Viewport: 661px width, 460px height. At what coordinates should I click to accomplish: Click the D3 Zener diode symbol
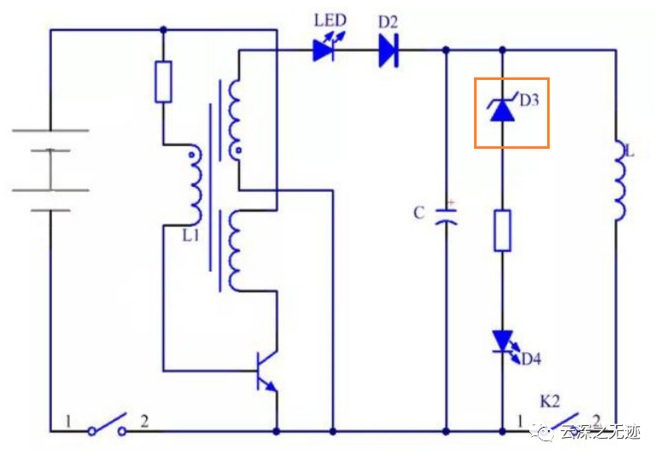[502, 110]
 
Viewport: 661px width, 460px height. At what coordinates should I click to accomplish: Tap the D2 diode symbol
[388, 51]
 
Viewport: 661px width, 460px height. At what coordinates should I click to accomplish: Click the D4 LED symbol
[502, 342]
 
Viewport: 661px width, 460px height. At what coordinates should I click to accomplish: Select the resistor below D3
[502, 230]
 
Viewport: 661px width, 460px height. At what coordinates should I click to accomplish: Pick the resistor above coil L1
[163, 82]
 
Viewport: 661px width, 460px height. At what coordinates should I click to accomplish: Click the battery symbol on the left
[50, 170]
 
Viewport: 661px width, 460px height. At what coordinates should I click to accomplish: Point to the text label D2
[388, 21]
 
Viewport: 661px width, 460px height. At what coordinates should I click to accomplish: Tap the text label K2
[551, 400]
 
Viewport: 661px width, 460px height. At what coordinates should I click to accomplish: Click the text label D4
[531, 359]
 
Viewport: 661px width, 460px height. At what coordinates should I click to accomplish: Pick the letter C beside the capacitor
[419, 213]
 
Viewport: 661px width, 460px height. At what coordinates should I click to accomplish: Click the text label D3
[529, 100]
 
